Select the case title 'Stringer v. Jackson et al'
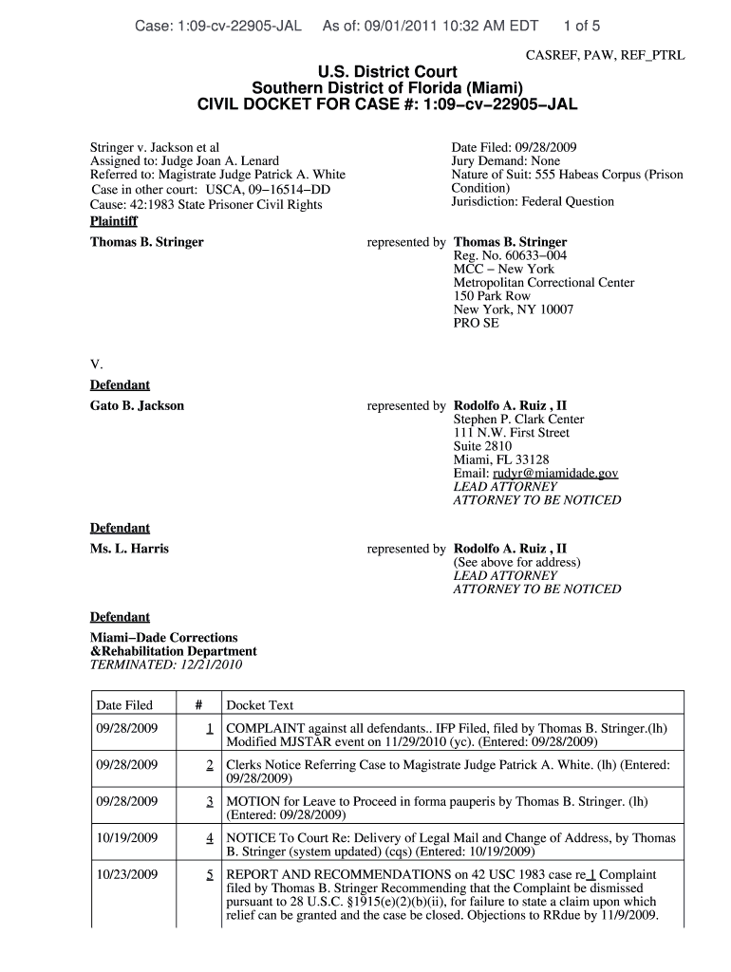click(155, 148)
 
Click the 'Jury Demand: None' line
click(506, 161)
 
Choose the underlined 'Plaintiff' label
click(113, 221)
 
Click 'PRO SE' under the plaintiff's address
click(476, 323)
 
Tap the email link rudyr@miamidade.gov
click(555, 473)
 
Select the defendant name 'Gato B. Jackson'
click(137, 405)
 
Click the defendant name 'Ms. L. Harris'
click(129, 549)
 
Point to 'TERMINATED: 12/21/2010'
click(166, 664)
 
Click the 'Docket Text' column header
click(259, 705)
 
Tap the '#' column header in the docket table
click(197, 705)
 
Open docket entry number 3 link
click(208, 801)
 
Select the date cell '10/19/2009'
click(127, 838)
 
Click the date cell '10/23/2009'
click(127, 874)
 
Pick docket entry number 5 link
click(208, 874)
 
